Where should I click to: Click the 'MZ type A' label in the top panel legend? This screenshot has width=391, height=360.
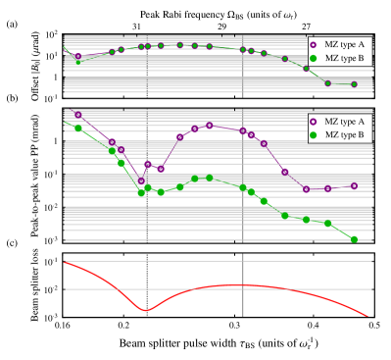pos(345,44)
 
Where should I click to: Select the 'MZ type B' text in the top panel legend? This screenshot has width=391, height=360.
pos(345,58)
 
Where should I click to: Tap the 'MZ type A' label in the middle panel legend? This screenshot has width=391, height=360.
pos(345,120)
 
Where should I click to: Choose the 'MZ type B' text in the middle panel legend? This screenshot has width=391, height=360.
pos(345,133)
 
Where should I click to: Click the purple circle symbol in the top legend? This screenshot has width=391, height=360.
pos(314,44)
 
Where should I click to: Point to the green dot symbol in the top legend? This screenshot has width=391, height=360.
pos(314,58)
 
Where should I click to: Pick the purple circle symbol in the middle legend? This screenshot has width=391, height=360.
pos(314,120)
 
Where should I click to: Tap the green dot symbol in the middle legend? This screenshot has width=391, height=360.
pos(314,133)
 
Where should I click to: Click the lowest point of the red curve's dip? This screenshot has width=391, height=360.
pos(146,310)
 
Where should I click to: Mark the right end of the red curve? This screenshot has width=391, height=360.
pos(368,316)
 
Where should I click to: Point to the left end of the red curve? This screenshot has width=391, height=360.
pos(66,262)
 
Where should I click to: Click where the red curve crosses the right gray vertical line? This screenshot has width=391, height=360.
pos(243,284)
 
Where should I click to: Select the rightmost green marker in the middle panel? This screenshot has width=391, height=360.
pos(354,239)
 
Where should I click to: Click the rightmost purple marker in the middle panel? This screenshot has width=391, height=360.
pos(354,185)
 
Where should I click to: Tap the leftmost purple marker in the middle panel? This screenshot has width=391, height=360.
pos(78,115)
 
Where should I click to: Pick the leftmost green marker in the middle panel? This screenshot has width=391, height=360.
pos(78,127)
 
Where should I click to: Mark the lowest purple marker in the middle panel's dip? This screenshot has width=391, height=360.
pos(141,181)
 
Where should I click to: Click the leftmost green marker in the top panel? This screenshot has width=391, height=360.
pos(78,63)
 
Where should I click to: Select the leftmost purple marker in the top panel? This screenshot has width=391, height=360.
pos(78,56)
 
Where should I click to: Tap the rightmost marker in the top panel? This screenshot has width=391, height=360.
pos(354,84)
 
